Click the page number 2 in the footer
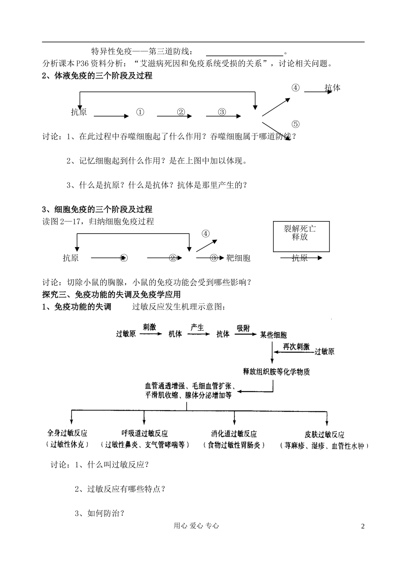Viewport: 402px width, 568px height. coord(362,526)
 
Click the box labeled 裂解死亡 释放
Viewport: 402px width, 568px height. coord(300,236)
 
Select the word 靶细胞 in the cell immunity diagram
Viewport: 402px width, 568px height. coord(238,258)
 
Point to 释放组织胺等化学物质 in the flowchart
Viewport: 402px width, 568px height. coord(276,372)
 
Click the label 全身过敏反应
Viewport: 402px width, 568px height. coord(67,433)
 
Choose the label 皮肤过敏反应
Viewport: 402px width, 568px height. coord(324,435)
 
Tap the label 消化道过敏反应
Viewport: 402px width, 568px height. coord(234,434)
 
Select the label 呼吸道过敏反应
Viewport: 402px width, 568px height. coord(145,433)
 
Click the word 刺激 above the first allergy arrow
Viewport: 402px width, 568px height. coord(149,327)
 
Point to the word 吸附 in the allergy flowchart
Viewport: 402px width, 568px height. coord(243,328)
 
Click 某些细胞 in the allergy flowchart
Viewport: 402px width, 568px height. coord(273,335)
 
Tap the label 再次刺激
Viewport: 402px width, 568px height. coord(296,347)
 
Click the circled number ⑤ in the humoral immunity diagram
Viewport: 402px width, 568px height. coord(295,124)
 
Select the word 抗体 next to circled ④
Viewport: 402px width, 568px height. coord(333,88)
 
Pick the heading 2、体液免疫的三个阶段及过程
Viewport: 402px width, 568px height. coord(97,76)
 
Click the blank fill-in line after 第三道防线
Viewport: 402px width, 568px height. coord(245,52)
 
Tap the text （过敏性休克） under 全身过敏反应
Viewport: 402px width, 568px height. coord(67,444)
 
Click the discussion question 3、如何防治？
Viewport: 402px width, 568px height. coord(100,513)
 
